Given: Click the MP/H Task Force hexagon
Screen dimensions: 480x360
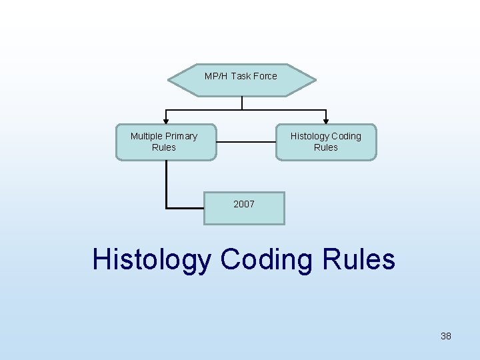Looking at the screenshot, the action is point(241,81).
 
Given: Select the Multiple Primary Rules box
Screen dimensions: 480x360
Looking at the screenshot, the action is point(166,142).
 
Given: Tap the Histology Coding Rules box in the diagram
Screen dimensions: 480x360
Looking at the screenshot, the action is point(326,142).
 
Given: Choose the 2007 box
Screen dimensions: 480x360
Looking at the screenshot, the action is point(244,208).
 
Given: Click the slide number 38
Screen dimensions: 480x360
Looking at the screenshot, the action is point(446,336).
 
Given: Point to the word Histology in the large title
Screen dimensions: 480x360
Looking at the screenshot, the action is point(151,259).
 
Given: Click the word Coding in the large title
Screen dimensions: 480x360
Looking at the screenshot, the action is point(266,259).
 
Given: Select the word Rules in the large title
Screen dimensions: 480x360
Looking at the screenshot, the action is point(359,259).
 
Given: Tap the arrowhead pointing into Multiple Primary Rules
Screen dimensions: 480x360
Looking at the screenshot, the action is point(166,120).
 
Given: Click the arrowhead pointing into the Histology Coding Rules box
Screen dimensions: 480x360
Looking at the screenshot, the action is point(326,120).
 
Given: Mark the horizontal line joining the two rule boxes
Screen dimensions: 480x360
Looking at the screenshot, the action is point(246,141).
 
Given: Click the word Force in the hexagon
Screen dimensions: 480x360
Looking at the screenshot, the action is point(264,76).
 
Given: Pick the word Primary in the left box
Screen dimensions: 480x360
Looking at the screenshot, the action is point(181,136).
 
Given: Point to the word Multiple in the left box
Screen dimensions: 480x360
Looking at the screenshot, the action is point(147,136).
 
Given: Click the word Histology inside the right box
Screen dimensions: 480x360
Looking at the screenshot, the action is point(309,136).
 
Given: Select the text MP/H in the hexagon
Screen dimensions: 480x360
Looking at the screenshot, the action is point(216,76).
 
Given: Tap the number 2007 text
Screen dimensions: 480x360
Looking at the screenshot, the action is point(244,204).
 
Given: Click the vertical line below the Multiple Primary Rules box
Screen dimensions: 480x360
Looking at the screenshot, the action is point(166,184).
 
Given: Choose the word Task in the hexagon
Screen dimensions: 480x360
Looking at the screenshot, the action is point(240,76).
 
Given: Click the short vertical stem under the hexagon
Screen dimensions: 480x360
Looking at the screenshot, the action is point(242,103).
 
